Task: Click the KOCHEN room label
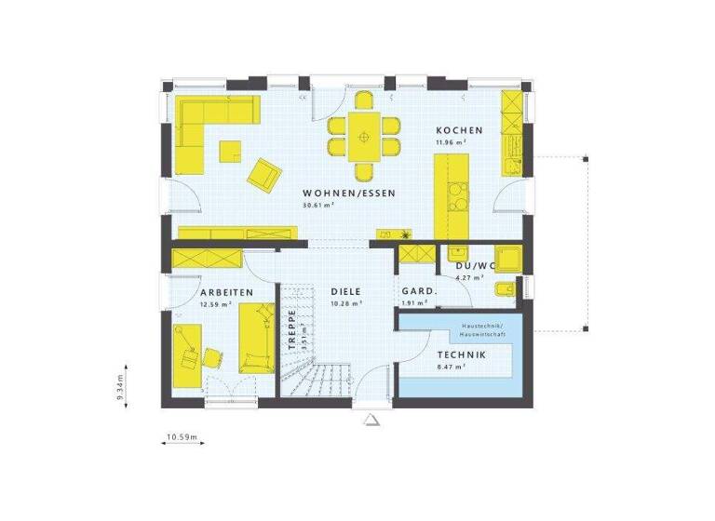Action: pyautogui.click(x=459, y=130)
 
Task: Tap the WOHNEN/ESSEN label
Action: pyautogui.click(x=349, y=193)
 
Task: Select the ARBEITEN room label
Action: pyautogui.click(x=226, y=292)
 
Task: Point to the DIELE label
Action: pyautogui.click(x=345, y=292)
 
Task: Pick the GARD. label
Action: pyautogui.click(x=418, y=292)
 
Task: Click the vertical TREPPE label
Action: pyautogui.click(x=290, y=328)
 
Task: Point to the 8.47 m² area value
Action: pyautogui.click(x=452, y=367)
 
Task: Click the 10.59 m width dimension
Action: pyautogui.click(x=183, y=436)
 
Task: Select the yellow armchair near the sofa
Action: pyautogui.click(x=264, y=173)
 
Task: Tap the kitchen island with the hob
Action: pyautogui.click(x=452, y=195)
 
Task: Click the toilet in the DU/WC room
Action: pyautogui.click(x=503, y=290)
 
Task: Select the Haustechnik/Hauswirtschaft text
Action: pyautogui.click(x=481, y=329)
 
